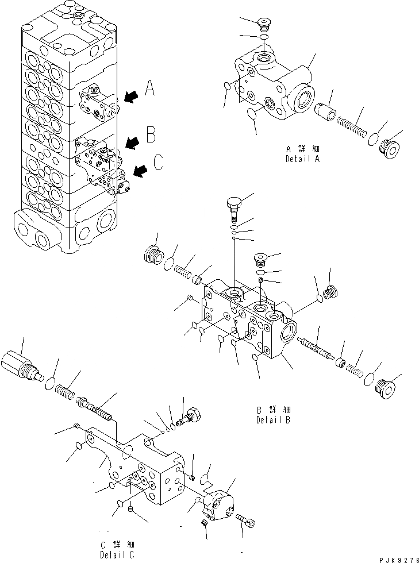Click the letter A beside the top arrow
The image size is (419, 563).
[149, 88]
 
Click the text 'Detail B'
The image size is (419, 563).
[274, 420]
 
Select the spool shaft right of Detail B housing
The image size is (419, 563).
[314, 348]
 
